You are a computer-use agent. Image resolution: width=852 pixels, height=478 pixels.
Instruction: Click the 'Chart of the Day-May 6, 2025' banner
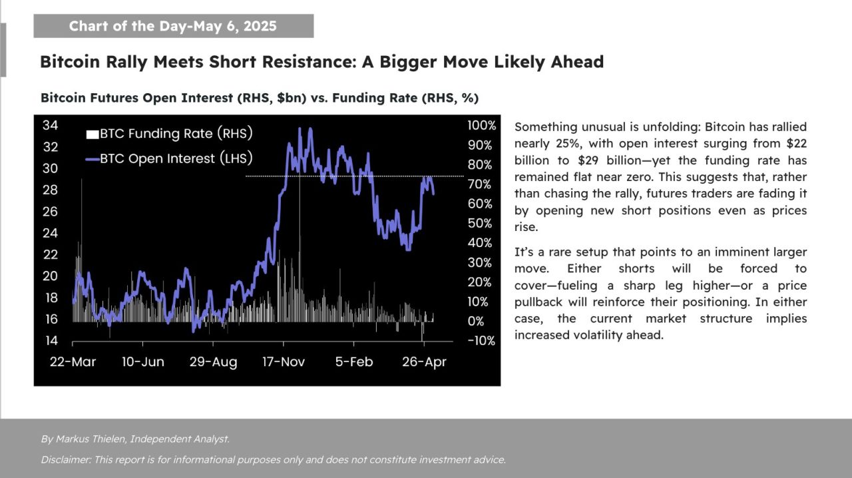point(172,27)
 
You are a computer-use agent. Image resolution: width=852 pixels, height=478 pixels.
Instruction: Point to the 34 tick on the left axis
point(50,125)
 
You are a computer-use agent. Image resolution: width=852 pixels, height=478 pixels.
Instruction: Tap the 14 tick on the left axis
point(50,340)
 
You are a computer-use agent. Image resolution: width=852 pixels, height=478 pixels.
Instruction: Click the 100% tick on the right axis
point(482,125)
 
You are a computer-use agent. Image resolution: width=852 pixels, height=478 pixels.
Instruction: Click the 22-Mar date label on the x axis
point(73,361)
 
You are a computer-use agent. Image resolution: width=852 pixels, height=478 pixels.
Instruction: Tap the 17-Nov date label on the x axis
point(284,361)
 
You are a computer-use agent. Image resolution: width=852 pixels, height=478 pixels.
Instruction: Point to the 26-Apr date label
point(425,361)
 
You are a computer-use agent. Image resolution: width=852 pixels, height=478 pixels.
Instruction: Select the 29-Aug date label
point(213,361)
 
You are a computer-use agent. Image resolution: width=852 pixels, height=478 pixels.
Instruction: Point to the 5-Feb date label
point(353,361)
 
